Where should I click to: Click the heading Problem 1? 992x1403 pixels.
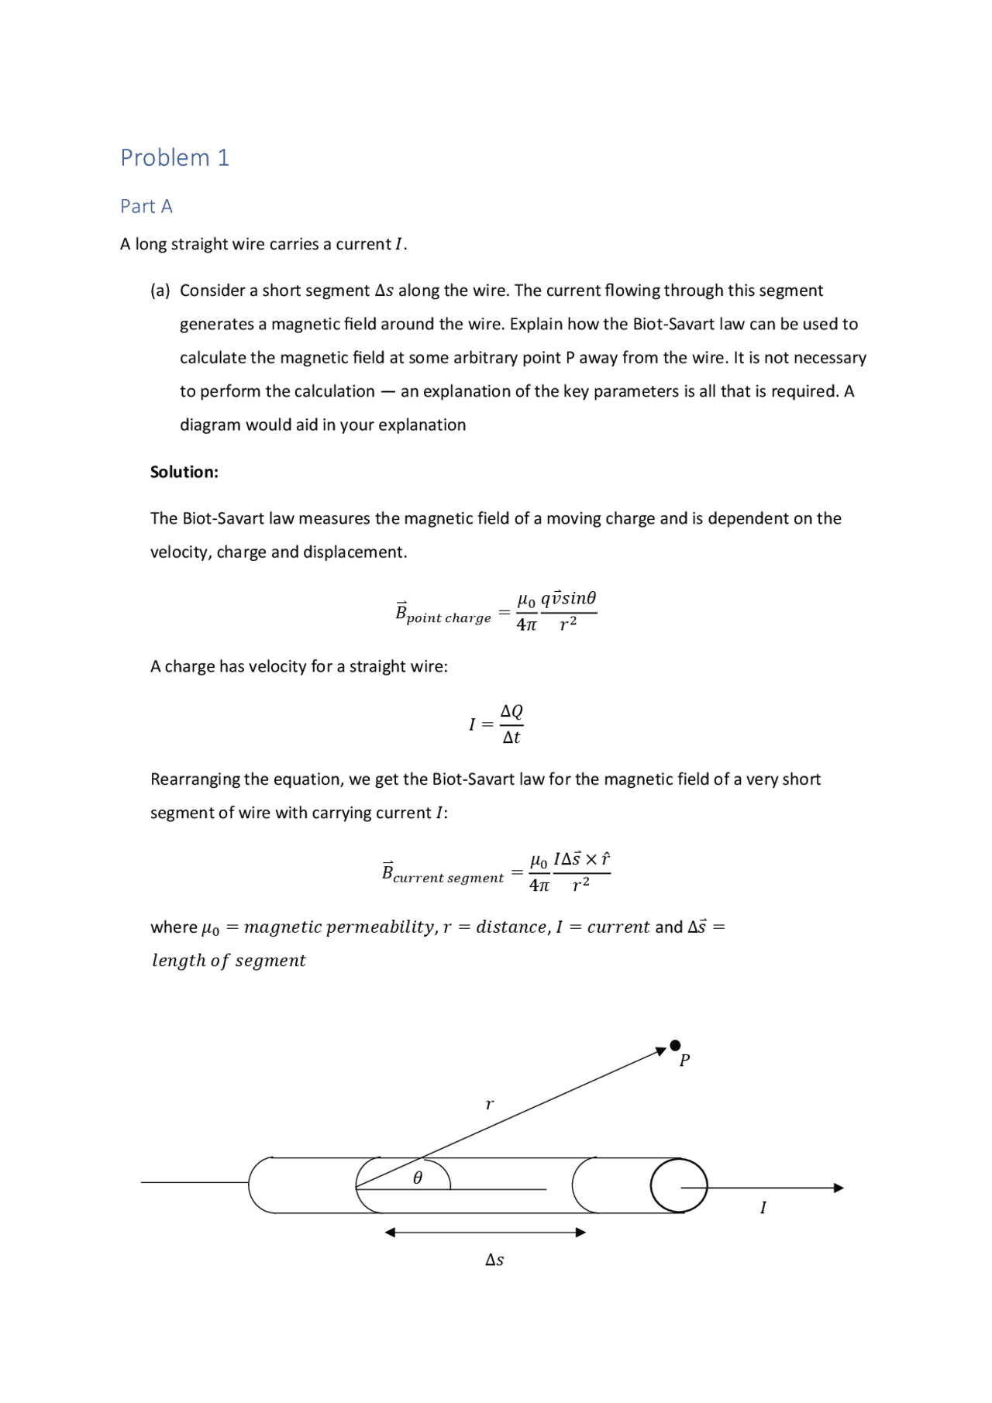click(174, 157)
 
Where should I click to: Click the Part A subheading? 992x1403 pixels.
click(146, 206)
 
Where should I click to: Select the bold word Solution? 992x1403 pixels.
click(184, 472)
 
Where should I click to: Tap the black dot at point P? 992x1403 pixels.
click(675, 1045)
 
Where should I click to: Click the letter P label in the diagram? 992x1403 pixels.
click(684, 1061)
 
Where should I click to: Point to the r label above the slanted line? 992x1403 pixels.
click(489, 1104)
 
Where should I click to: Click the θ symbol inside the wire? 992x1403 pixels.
click(418, 1178)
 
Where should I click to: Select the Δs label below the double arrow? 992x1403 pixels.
click(494, 1260)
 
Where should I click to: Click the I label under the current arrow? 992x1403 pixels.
click(763, 1208)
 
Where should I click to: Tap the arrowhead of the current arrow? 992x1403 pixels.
click(838, 1188)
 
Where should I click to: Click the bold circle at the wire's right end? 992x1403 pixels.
click(679, 1185)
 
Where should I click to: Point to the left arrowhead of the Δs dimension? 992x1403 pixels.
click(391, 1232)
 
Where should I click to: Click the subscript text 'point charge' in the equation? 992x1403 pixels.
click(449, 618)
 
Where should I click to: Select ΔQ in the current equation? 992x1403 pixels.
click(511, 711)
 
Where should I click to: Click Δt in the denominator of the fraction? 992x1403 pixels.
click(511, 738)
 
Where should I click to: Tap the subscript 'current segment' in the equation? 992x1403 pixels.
click(448, 878)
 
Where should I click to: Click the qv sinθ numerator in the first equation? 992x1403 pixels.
click(569, 598)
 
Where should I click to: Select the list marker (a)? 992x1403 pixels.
click(160, 291)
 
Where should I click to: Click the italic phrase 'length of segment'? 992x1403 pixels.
click(229, 961)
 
